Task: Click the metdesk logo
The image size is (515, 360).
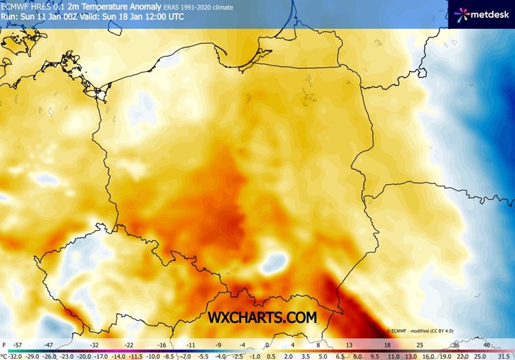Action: [x=481, y=14]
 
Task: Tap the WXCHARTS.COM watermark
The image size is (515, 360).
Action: [x=264, y=317]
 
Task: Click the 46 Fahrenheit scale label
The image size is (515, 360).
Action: [x=487, y=344]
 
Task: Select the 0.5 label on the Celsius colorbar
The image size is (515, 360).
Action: [x=272, y=356]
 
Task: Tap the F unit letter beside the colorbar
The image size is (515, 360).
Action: [x=4, y=344]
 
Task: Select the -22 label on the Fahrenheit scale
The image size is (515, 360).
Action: [x=128, y=344]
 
